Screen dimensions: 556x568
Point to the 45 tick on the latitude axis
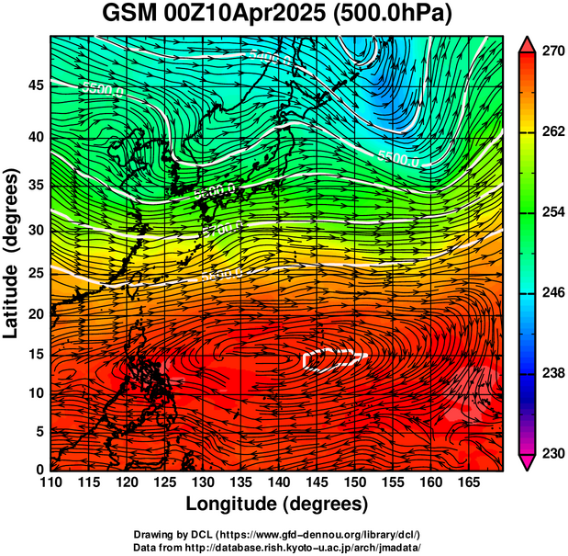click(x=34, y=85)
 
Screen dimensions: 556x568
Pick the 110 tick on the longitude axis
click(x=50, y=482)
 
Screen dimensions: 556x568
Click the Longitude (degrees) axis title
click(x=277, y=504)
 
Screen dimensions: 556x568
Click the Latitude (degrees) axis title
click(x=12, y=253)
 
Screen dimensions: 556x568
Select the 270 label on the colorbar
click(x=552, y=51)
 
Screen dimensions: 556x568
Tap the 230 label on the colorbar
click(x=552, y=454)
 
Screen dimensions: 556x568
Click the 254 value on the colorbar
click(x=552, y=212)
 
